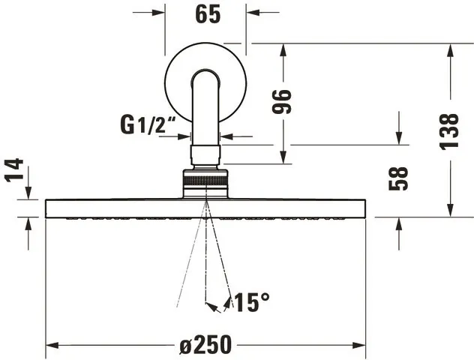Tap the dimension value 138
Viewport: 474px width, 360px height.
point(449,130)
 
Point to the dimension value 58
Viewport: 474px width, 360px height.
point(400,178)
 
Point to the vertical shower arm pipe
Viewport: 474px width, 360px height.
point(205,112)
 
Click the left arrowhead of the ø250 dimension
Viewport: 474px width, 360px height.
point(52,346)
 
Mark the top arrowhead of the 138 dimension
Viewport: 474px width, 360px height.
point(449,49)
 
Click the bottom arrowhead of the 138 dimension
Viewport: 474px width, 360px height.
point(449,211)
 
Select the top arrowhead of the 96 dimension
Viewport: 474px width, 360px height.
point(283,49)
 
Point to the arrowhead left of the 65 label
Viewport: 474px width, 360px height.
point(158,12)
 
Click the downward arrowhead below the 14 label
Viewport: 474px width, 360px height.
point(28,193)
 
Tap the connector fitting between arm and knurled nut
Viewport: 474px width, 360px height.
point(205,155)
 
